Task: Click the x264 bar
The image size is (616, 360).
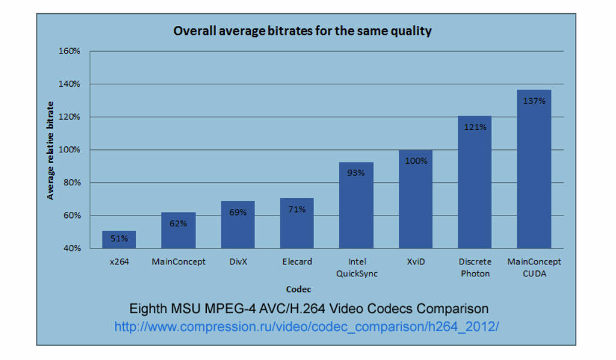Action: click(119, 240)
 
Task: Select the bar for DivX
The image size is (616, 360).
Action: click(238, 225)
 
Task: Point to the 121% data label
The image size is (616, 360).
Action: click(475, 127)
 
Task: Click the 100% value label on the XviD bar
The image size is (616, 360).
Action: click(416, 161)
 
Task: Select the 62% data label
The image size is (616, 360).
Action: click(178, 223)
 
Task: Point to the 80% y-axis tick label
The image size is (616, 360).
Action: click(71, 182)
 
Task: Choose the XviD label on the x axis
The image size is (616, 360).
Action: click(416, 262)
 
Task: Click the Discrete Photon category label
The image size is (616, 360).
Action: click(475, 267)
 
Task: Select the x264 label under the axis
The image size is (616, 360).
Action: click(119, 262)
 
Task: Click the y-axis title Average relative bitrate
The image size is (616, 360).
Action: click(51, 151)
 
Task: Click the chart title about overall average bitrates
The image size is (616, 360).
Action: click(302, 31)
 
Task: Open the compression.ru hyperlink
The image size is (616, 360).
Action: click(307, 326)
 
